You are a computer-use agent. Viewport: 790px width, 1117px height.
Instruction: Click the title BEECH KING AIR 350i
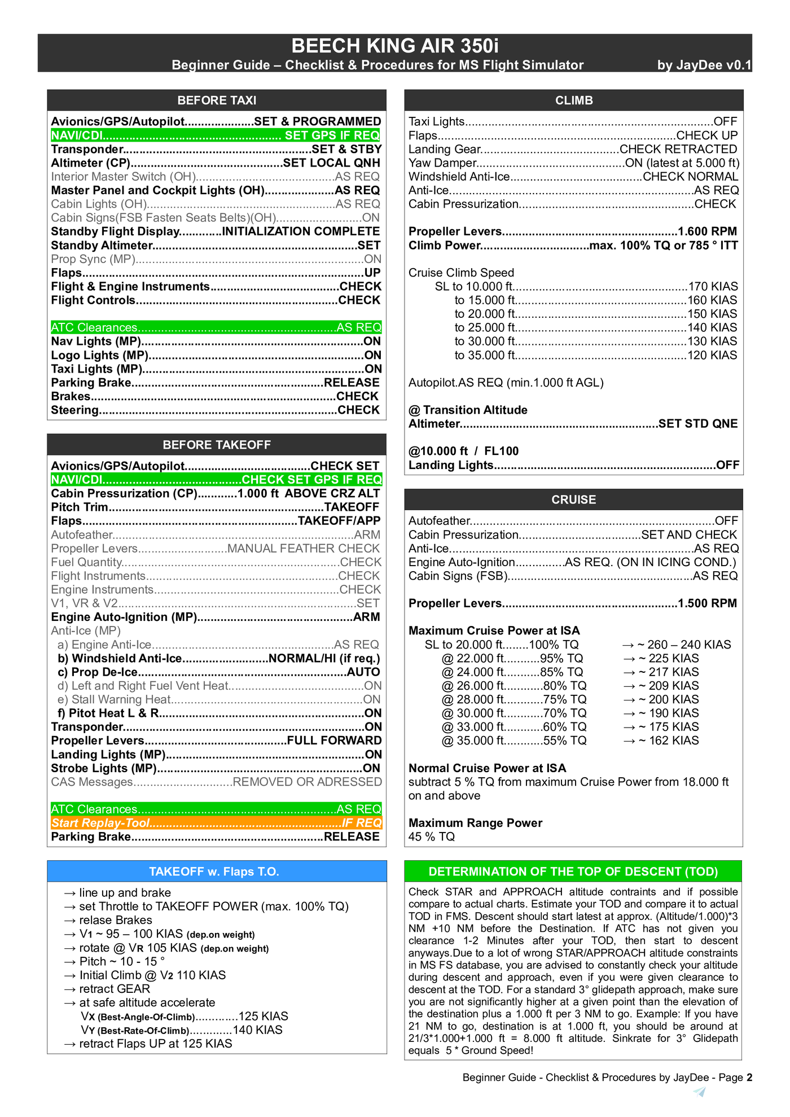coord(394,46)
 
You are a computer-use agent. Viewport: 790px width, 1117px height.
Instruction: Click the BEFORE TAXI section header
coord(217,100)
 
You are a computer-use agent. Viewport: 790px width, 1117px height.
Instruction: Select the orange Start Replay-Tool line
coord(216,823)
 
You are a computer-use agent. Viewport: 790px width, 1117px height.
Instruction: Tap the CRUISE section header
coord(573,500)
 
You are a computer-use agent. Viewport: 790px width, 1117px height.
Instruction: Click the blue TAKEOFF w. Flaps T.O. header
coord(217,871)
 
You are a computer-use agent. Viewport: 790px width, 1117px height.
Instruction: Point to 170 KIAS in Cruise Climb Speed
coord(712,287)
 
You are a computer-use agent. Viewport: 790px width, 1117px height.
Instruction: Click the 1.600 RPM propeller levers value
coord(707,231)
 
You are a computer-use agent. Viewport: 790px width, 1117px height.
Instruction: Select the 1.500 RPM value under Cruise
coord(707,603)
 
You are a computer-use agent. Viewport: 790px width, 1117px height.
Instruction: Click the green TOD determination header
coord(573,871)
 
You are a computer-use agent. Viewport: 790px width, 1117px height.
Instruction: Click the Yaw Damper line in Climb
coord(573,163)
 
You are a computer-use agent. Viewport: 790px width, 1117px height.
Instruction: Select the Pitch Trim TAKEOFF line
coord(215,507)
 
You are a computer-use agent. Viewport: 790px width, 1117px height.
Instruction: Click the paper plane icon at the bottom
coord(700,1092)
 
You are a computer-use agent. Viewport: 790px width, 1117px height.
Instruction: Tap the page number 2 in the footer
coord(749,1077)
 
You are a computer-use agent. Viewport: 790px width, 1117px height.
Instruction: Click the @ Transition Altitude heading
coord(468,410)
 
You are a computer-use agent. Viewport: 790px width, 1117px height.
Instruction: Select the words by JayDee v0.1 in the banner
coord(704,65)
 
